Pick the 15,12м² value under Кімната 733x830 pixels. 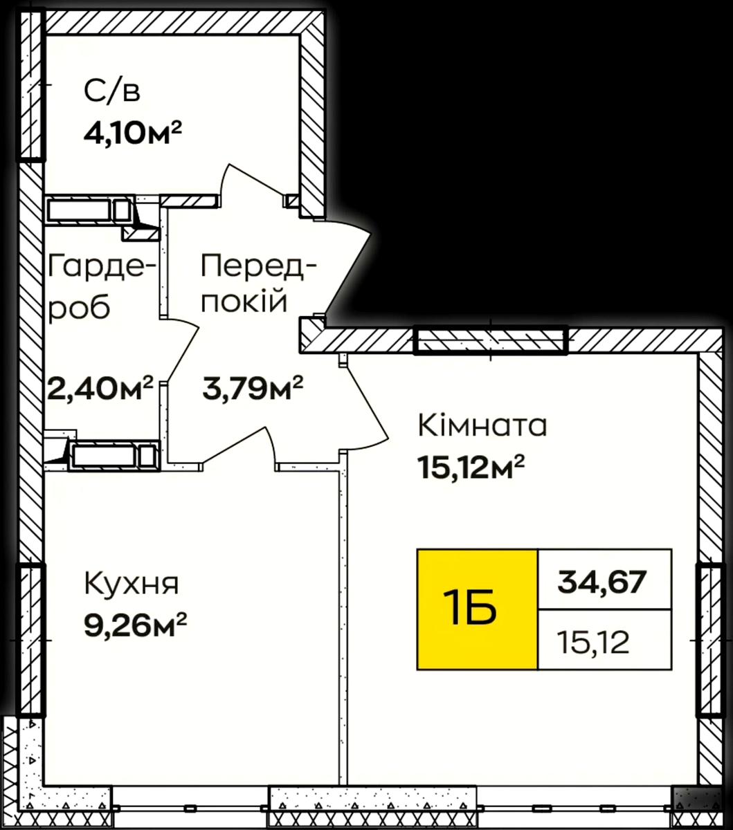click(x=471, y=467)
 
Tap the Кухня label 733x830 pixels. click(x=132, y=584)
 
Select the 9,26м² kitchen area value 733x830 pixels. click(x=136, y=625)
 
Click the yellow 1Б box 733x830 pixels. click(x=477, y=610)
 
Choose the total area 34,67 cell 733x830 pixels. click(x=605, y=580)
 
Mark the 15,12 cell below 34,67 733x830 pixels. click(x=605, y=640)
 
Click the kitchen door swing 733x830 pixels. click(x=238, y=447)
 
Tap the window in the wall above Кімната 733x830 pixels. click(x=491, y=340)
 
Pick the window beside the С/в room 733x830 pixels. click(x=30, y=85)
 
